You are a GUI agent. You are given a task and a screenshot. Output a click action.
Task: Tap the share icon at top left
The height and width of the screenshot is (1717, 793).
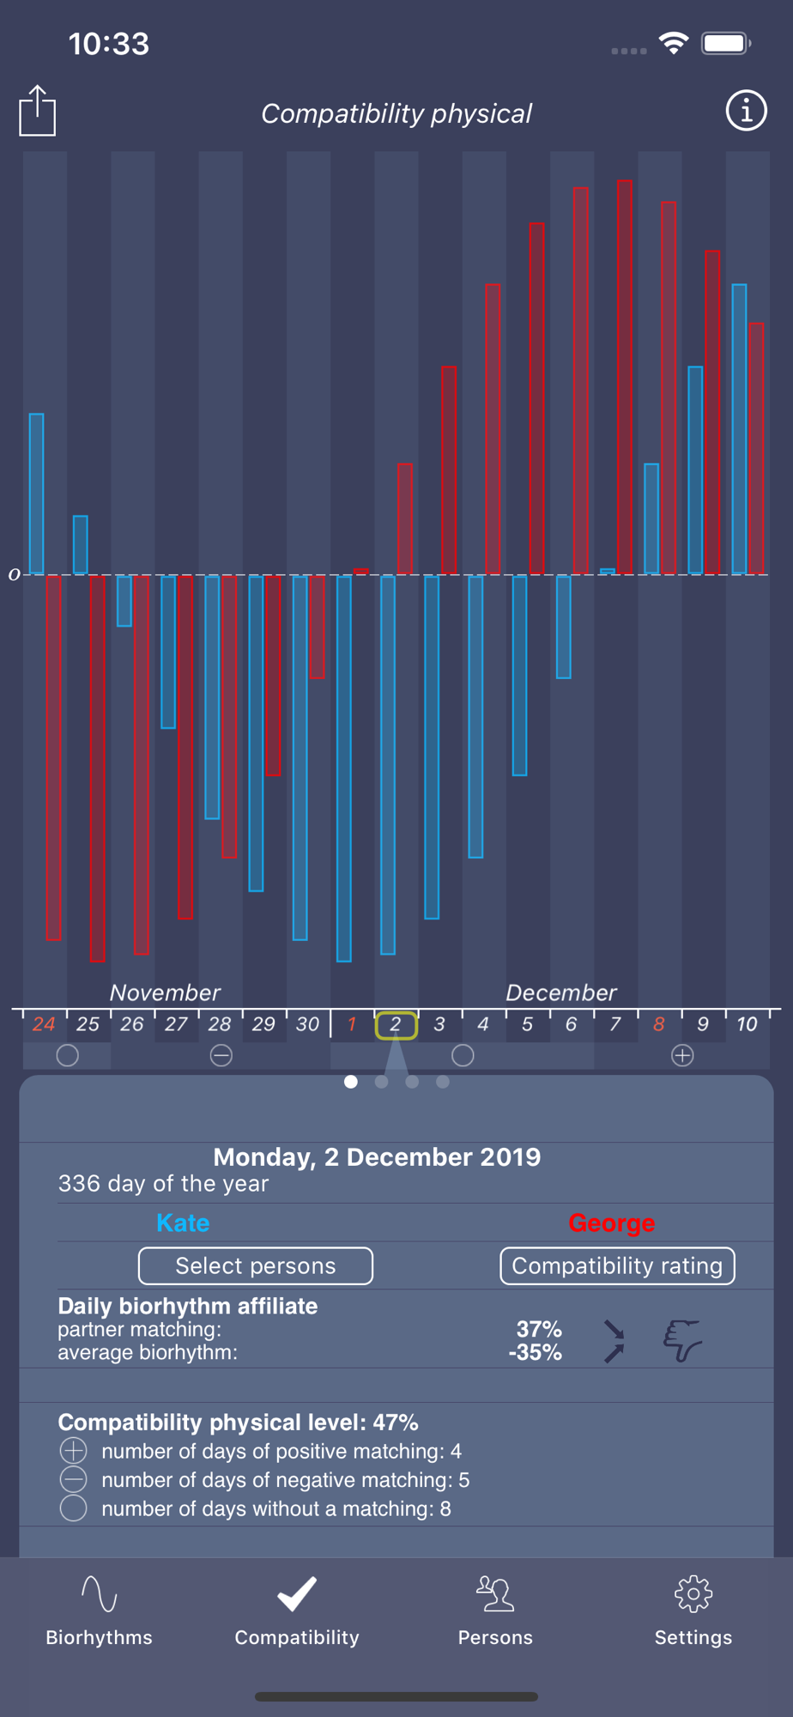tap(38, 111)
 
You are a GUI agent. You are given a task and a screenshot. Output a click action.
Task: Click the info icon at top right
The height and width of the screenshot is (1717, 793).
tap(746, 111)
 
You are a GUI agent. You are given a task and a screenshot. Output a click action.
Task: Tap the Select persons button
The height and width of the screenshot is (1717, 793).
tap(256, 1265)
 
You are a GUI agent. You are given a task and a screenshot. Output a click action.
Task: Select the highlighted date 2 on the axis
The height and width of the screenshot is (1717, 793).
tap(396, 1024)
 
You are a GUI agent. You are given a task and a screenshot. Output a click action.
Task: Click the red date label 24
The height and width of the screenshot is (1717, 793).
tap(44, 1024)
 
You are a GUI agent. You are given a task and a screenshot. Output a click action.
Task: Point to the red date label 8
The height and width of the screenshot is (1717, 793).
tap(659, 1024)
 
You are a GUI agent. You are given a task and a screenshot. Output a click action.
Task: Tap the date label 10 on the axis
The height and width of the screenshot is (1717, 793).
tap(747, 1024)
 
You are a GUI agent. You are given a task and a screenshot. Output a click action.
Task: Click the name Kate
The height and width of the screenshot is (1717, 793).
tap(183, 1223)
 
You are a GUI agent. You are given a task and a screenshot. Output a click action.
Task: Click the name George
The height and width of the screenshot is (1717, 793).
tap(611, 1223)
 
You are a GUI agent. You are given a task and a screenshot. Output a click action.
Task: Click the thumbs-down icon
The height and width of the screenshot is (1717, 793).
tap(682, 1340)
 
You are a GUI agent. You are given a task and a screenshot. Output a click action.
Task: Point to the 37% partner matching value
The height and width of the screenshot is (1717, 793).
tap(539, 1329)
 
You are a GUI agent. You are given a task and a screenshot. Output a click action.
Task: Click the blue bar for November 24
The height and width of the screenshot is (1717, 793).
tap(37, 494)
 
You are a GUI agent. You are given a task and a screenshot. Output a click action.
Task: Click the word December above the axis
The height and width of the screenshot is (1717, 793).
tap(561, 992)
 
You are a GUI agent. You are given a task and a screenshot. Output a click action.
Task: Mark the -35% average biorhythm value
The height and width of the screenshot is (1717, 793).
tap(536, 1353)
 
